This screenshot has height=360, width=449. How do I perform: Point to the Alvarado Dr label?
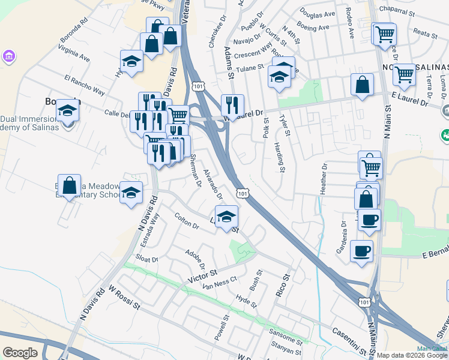point(213,183)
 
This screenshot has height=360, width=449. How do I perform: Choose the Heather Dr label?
point(324,178)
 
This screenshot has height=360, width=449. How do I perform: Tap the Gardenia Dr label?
point(344,236)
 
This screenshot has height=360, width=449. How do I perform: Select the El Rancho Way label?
point(84,85)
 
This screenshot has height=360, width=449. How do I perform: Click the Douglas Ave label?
point(318,14)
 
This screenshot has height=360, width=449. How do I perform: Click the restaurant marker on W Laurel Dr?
point(232,105)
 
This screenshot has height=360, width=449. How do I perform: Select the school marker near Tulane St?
point(279,76)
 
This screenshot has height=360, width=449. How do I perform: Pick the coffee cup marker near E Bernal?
point(362,250)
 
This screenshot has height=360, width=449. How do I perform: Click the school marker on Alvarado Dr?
point(226,216)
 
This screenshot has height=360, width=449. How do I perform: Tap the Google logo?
point(20,353)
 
